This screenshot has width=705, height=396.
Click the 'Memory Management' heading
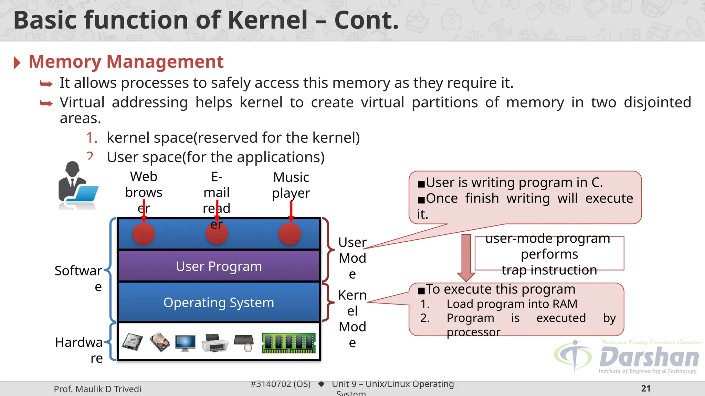pyautogui.click(x=126, y=62)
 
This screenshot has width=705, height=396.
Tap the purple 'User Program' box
pyautogui.click(x=219, y=266)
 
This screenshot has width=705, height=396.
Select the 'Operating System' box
pyautogui.click(x=219, y=302)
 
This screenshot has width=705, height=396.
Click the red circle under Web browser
pyautogui.click(x=144, y=234)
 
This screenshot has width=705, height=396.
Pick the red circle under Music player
pyautogui.click(x=290, y=234)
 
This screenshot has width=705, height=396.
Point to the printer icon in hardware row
pyautogui.click(x=215, y=343)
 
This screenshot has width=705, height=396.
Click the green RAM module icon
pyautogui.click(x=288, y=343)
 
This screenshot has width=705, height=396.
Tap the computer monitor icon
pyautogui.click(x=185, y=343)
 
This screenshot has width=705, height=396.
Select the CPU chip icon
pyautogui.click(x=133, y=342)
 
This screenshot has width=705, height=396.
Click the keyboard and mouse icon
pyautogui.click(x=244, y=343)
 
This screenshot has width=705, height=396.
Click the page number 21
pyautogui.click(x=646, y=388)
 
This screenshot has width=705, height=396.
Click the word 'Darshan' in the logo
pyautogui.click(x=649, y=357)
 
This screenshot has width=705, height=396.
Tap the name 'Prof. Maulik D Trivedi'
pyautogui.click(x=97, y=389)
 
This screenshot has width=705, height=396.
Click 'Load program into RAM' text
pyautogui.click(x=512, y=304)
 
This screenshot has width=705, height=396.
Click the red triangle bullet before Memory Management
pyautogui.click(x=17, y=63)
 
